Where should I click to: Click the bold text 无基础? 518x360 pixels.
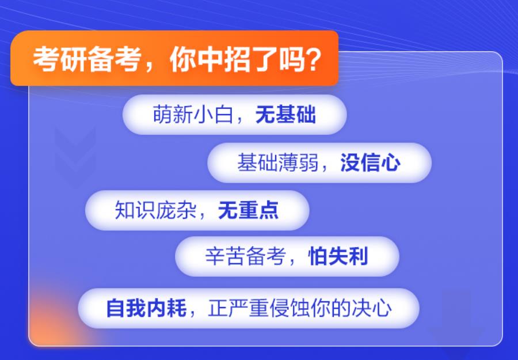coord(285,115)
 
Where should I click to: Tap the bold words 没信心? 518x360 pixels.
coord(370,163)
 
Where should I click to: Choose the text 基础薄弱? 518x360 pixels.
coord(277,163)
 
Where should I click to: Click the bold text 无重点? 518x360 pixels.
coord(248,211)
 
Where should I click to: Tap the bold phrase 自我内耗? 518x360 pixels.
coord(146,308)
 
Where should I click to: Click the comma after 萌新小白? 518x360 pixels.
coord(242,120)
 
